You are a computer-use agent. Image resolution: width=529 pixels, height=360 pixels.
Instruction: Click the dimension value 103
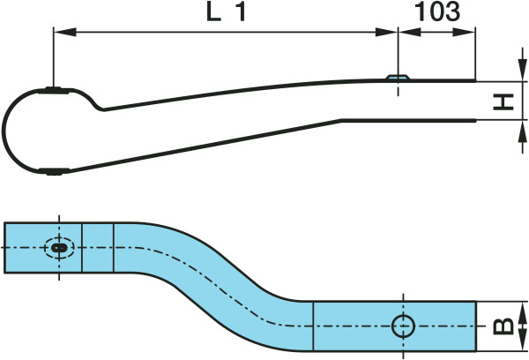click(437, 11)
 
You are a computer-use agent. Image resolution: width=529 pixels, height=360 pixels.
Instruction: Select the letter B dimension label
click(503, 326)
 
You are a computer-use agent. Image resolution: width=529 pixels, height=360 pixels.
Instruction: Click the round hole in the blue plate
click(403, 326)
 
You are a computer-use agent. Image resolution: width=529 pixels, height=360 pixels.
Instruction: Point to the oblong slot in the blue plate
click(59, 248)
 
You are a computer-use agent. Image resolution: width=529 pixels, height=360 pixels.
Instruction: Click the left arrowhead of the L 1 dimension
click(64, 33)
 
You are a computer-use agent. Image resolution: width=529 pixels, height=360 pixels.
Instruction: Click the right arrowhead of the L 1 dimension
click(387, 33)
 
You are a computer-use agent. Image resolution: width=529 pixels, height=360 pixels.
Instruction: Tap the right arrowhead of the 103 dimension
click(464, 33)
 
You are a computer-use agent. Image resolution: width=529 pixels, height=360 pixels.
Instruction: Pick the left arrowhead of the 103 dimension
click(410, 33)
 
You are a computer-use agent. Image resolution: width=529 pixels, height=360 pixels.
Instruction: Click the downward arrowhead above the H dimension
click(523, 70)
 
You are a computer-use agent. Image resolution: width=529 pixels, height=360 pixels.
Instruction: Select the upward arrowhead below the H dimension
click(523, 131)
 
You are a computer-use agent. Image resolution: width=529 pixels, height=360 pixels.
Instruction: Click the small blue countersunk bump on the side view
click(399, 78)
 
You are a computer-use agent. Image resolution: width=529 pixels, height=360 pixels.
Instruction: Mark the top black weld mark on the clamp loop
click(54, 90)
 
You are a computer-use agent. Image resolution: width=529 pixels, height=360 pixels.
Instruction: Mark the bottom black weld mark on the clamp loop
click(54, 171)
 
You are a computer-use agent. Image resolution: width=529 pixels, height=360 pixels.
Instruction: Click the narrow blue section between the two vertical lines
click(98, 248)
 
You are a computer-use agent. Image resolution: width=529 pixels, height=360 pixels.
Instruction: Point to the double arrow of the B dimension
click(523, 326)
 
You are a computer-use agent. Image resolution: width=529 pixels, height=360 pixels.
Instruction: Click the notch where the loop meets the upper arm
click(102, 109)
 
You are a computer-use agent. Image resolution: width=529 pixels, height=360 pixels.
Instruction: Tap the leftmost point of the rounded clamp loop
click(4, 130)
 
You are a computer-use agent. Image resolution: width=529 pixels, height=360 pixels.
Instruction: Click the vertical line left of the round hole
click(313, 326)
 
